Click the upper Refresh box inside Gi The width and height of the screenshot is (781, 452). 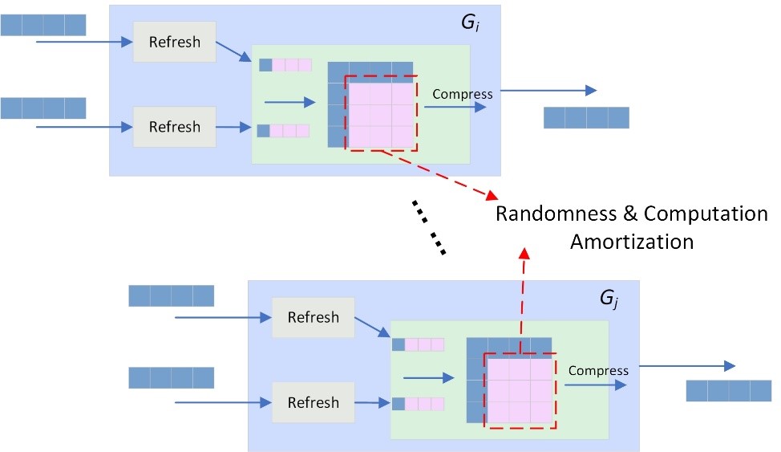point(175,42)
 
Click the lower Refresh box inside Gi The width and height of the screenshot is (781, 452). point(175,127)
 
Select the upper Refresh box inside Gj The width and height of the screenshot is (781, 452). point(313,317)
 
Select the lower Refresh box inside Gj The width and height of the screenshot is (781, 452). point(313,402)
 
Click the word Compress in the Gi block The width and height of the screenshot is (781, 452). point(463,94)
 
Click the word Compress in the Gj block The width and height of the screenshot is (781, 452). point(598,370)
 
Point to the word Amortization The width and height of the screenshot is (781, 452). point(632,241)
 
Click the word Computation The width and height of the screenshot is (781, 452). point(706,214)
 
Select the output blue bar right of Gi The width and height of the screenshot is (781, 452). point(586,117)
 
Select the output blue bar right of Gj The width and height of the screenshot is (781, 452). point(729,391)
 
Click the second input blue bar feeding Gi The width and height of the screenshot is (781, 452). point(42,108)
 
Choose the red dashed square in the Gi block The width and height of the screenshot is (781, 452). point(381,112)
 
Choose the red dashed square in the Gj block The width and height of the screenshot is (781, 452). point(519,389)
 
